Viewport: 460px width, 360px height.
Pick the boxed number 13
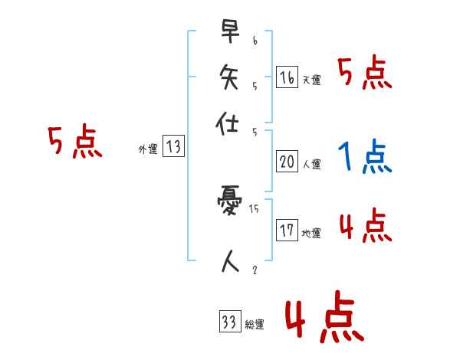pos(174,147)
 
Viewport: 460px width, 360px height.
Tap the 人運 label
pos(311,164)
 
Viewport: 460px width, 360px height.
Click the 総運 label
pos(254,325)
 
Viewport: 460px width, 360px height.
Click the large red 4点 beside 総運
pos(324,321)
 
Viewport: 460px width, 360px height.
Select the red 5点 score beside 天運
pos(365,74)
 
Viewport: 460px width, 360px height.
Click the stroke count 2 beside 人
pos(254,270)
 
